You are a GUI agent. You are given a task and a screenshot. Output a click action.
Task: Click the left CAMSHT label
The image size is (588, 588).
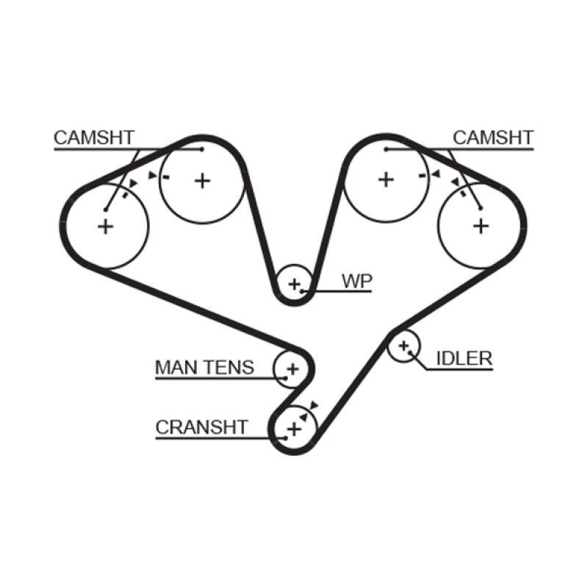[x=93, y=137]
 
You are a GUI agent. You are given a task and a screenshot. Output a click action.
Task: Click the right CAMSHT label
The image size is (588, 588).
[x=492, y=137]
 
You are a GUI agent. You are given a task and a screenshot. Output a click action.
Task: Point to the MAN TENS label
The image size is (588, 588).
[x=204, y=367]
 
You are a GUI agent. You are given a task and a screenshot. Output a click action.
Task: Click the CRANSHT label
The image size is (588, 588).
[x=201, y=427]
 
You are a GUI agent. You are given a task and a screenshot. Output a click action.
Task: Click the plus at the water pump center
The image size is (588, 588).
[x=295, y=284]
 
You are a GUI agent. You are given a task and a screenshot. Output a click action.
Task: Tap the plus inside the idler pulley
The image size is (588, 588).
[x=403, y=345]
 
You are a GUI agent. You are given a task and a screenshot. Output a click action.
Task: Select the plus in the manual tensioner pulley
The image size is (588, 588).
[x=292, y=367]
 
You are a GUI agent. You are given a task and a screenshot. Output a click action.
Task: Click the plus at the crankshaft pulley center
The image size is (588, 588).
[x=293, y=428]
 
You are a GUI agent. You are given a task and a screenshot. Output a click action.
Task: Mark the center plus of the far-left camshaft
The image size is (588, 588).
[x=107, y=226]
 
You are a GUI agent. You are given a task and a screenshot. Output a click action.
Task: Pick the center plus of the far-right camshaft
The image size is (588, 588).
[x=481, y=225]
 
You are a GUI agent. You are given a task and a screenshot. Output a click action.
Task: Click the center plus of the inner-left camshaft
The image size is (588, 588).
[x=203, y=180]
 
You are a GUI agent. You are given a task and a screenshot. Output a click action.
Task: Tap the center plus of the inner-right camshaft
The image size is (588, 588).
[x=386, y=179]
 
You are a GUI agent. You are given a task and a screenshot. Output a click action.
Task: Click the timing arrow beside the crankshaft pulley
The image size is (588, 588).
[x=314, y=405]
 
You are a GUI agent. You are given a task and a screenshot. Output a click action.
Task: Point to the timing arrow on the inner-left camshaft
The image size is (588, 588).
[x=153, y=176]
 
